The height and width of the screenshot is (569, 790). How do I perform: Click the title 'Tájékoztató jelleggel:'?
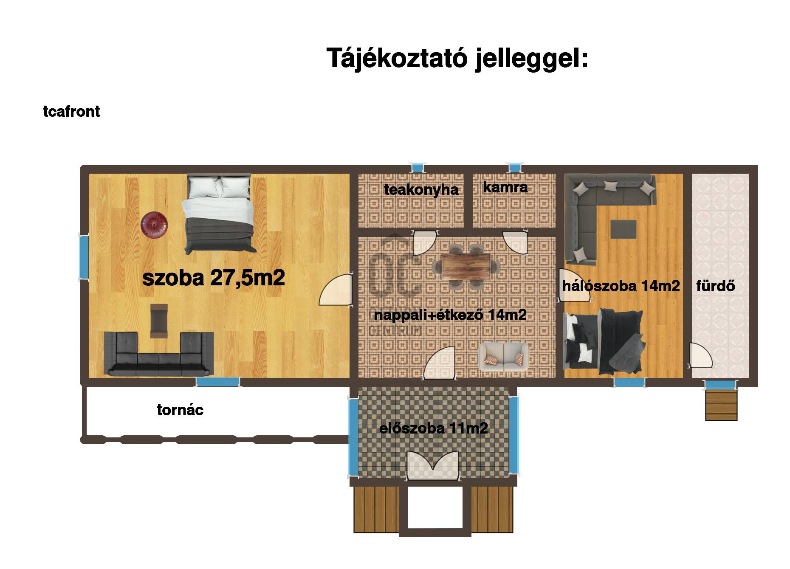pos(457,58)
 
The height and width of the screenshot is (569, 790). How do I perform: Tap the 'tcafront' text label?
pos(71,111)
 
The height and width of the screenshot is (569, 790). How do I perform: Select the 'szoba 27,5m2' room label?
pos(213,278)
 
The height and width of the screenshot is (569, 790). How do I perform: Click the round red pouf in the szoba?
pos(154,224)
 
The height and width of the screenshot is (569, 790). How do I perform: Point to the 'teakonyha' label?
pos(421,189)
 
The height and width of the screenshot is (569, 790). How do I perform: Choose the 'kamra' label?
pos(505,187)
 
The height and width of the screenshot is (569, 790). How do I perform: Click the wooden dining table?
pos(466,267)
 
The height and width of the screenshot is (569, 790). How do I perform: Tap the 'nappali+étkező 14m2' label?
pos(450,315)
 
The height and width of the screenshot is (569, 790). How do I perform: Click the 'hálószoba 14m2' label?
pos(621,286)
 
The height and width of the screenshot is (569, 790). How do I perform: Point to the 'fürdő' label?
pos(715,286)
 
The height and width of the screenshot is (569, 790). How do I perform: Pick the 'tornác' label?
pos(180,410)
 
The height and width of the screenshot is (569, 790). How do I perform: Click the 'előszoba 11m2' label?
pos(433,428)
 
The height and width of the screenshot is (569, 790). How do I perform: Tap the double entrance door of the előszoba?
pos(433,466)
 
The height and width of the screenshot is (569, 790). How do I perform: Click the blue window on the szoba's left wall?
pos(84,257)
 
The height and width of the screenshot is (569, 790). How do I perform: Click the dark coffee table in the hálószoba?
pos(623,230)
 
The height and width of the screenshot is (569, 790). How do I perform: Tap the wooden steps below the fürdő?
pos(721,406)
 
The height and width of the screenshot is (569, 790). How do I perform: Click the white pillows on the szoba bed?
pos(219,187)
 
